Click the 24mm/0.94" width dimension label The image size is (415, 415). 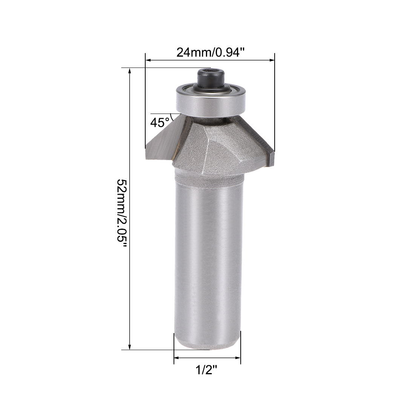click(208, 52)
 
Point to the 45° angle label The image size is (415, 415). click(160, 122)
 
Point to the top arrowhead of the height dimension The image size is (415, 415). click(130, 71)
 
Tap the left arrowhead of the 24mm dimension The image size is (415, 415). click(148, 60)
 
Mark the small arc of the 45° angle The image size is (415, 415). click(172, 117)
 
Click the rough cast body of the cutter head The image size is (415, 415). click(211, 151)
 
